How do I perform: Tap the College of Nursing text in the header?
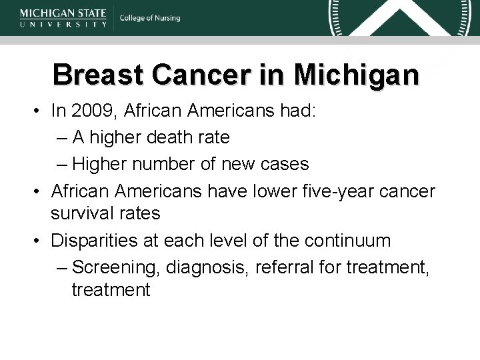[x=150, y=18]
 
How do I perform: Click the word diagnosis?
[x=195, y=265]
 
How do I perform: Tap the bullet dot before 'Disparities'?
[x=41, y=239]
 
